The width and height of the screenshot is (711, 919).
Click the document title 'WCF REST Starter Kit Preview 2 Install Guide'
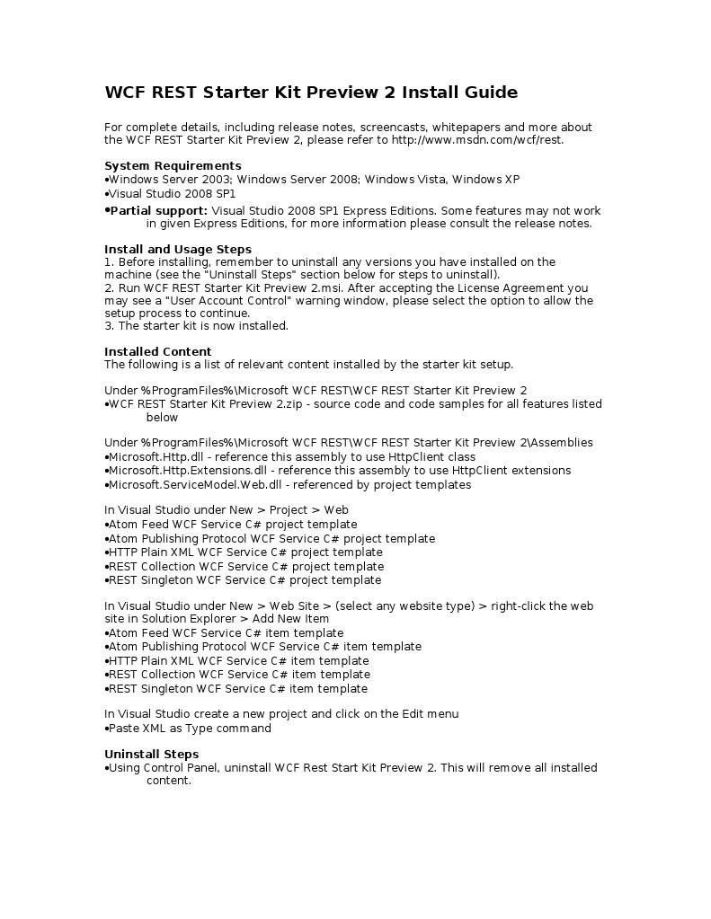(311, 93)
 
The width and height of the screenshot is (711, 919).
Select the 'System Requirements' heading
(173, 165)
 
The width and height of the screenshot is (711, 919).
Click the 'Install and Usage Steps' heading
(178, 249)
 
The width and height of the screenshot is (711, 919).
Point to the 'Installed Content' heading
(158, 351)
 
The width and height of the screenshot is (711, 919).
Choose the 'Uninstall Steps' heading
(152, 754)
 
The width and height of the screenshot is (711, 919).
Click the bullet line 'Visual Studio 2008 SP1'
(172, 193)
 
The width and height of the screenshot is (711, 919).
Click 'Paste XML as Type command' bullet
(190, 729)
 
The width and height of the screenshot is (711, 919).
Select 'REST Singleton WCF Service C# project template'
(244, 580)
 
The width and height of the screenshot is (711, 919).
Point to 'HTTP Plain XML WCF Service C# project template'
(245, 552)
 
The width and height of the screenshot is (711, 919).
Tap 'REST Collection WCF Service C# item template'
(239, 675)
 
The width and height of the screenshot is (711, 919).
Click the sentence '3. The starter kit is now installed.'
(196, 326)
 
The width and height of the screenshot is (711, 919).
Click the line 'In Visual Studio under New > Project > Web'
(227, 510)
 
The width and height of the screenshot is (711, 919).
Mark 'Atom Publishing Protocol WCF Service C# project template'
(271, 539)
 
